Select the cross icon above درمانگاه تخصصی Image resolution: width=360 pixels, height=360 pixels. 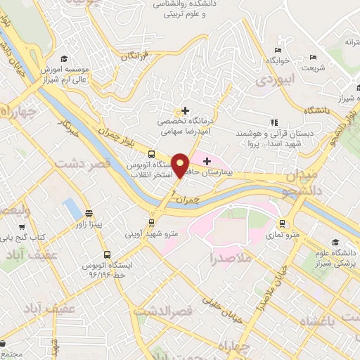coord(185,110)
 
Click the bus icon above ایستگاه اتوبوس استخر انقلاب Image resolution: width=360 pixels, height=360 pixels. coord(151,154)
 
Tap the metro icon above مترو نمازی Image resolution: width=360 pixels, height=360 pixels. coord(283,224)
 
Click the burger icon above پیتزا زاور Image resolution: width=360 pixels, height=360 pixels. coord(89,213)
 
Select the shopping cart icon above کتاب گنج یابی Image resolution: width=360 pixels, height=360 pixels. coord(22,227)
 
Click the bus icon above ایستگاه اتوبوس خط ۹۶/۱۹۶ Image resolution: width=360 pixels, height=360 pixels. coord(106,255)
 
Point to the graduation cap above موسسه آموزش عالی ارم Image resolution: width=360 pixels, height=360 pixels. coord(65,58)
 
